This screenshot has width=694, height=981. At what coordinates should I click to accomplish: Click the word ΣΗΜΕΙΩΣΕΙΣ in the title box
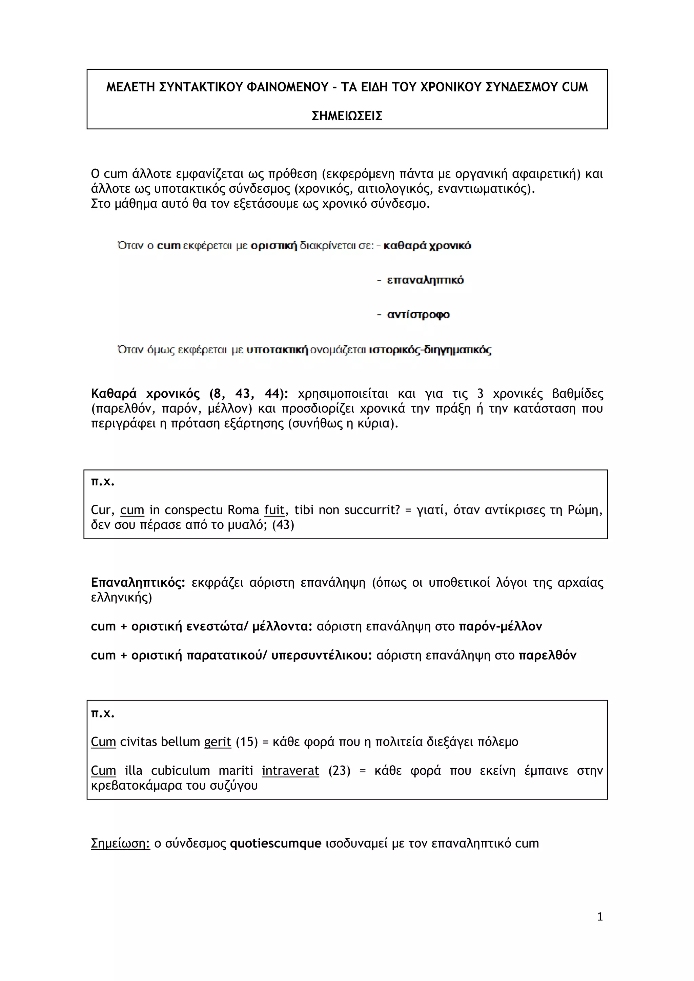click(x=347, y=116)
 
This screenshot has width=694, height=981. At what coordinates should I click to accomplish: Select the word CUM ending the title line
click(x=574, y=87)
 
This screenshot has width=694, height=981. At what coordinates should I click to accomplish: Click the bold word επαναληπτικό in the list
click(x=425, y=280)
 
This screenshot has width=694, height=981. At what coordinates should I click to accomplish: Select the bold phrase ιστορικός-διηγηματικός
click(x=430, y=350)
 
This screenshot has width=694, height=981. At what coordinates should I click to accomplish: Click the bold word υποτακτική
click(x=277, y=350)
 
